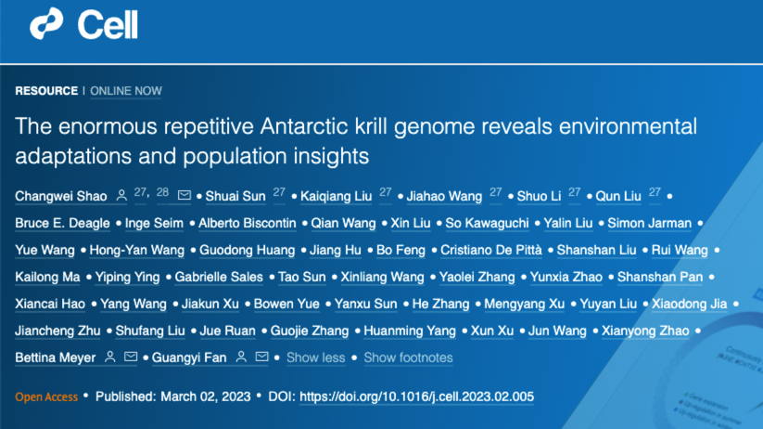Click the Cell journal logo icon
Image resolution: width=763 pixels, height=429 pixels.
(x=46, y=23)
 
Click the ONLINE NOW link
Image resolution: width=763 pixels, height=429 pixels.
(x=125, y=91)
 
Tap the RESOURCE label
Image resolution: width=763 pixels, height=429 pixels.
(x=46, y=91)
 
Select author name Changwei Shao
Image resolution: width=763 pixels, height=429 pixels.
(x=61, y=196)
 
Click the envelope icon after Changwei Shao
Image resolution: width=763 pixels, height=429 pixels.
(x=184, y=195)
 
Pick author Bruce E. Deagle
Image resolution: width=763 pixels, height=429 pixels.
(x=62, y=223)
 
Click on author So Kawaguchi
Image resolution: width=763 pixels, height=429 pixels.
(x=487, y=223)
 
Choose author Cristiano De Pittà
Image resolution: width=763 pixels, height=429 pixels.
(x=491, y=250)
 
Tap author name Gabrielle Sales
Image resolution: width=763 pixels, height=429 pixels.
(x=219, y=277)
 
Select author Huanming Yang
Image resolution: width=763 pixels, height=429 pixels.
(x=410, y=331)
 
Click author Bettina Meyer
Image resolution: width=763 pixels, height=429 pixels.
(x=55, y=357)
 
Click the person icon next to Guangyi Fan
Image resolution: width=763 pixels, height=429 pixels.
(x=241, y=357)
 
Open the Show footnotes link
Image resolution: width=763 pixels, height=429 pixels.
(x=408, y=357)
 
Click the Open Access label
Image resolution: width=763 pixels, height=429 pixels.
(x=46, y=396)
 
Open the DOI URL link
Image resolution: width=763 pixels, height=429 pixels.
(x=416, y=396)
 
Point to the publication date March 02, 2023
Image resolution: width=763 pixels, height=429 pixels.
(x=205, y=396)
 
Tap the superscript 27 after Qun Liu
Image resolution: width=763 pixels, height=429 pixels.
(x=655, y=192)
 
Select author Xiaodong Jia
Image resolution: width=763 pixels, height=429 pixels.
(x=689, y=304)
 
